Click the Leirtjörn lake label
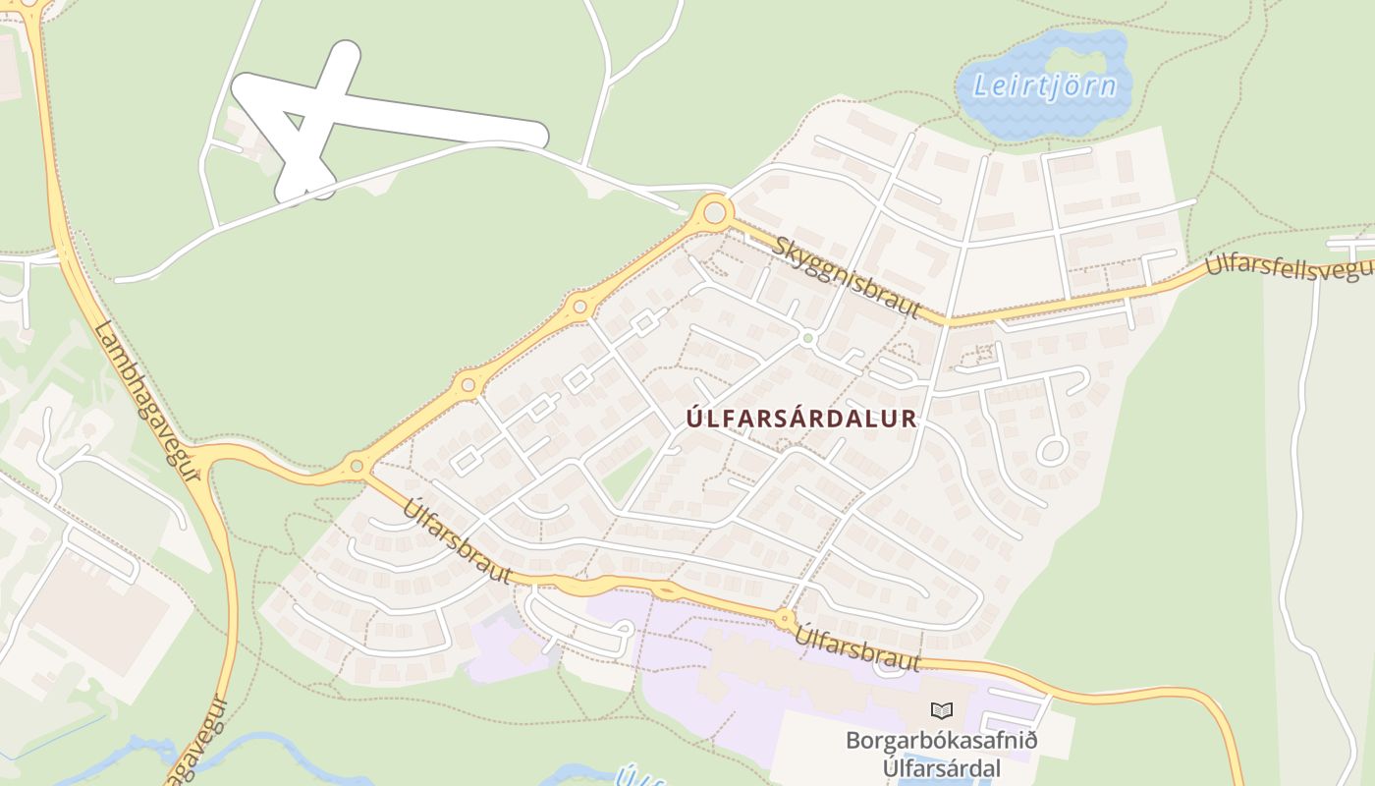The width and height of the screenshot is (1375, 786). (1044, 85)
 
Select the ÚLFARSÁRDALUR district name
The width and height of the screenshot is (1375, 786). (801, 419)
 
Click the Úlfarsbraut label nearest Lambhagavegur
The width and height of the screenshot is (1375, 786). (458, 540)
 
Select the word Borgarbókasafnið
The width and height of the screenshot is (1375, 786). (941, 740)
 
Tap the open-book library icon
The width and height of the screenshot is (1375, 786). (941, 709)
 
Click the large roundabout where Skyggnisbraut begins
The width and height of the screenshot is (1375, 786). (714, 211)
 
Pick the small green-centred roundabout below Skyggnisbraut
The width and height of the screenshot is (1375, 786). (807, 338)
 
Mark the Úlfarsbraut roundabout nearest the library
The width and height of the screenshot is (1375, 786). (785, 620)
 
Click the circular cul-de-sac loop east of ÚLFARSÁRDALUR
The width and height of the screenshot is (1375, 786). (1052, 451)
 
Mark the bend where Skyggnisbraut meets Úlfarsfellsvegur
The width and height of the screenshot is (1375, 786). (949, 320)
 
